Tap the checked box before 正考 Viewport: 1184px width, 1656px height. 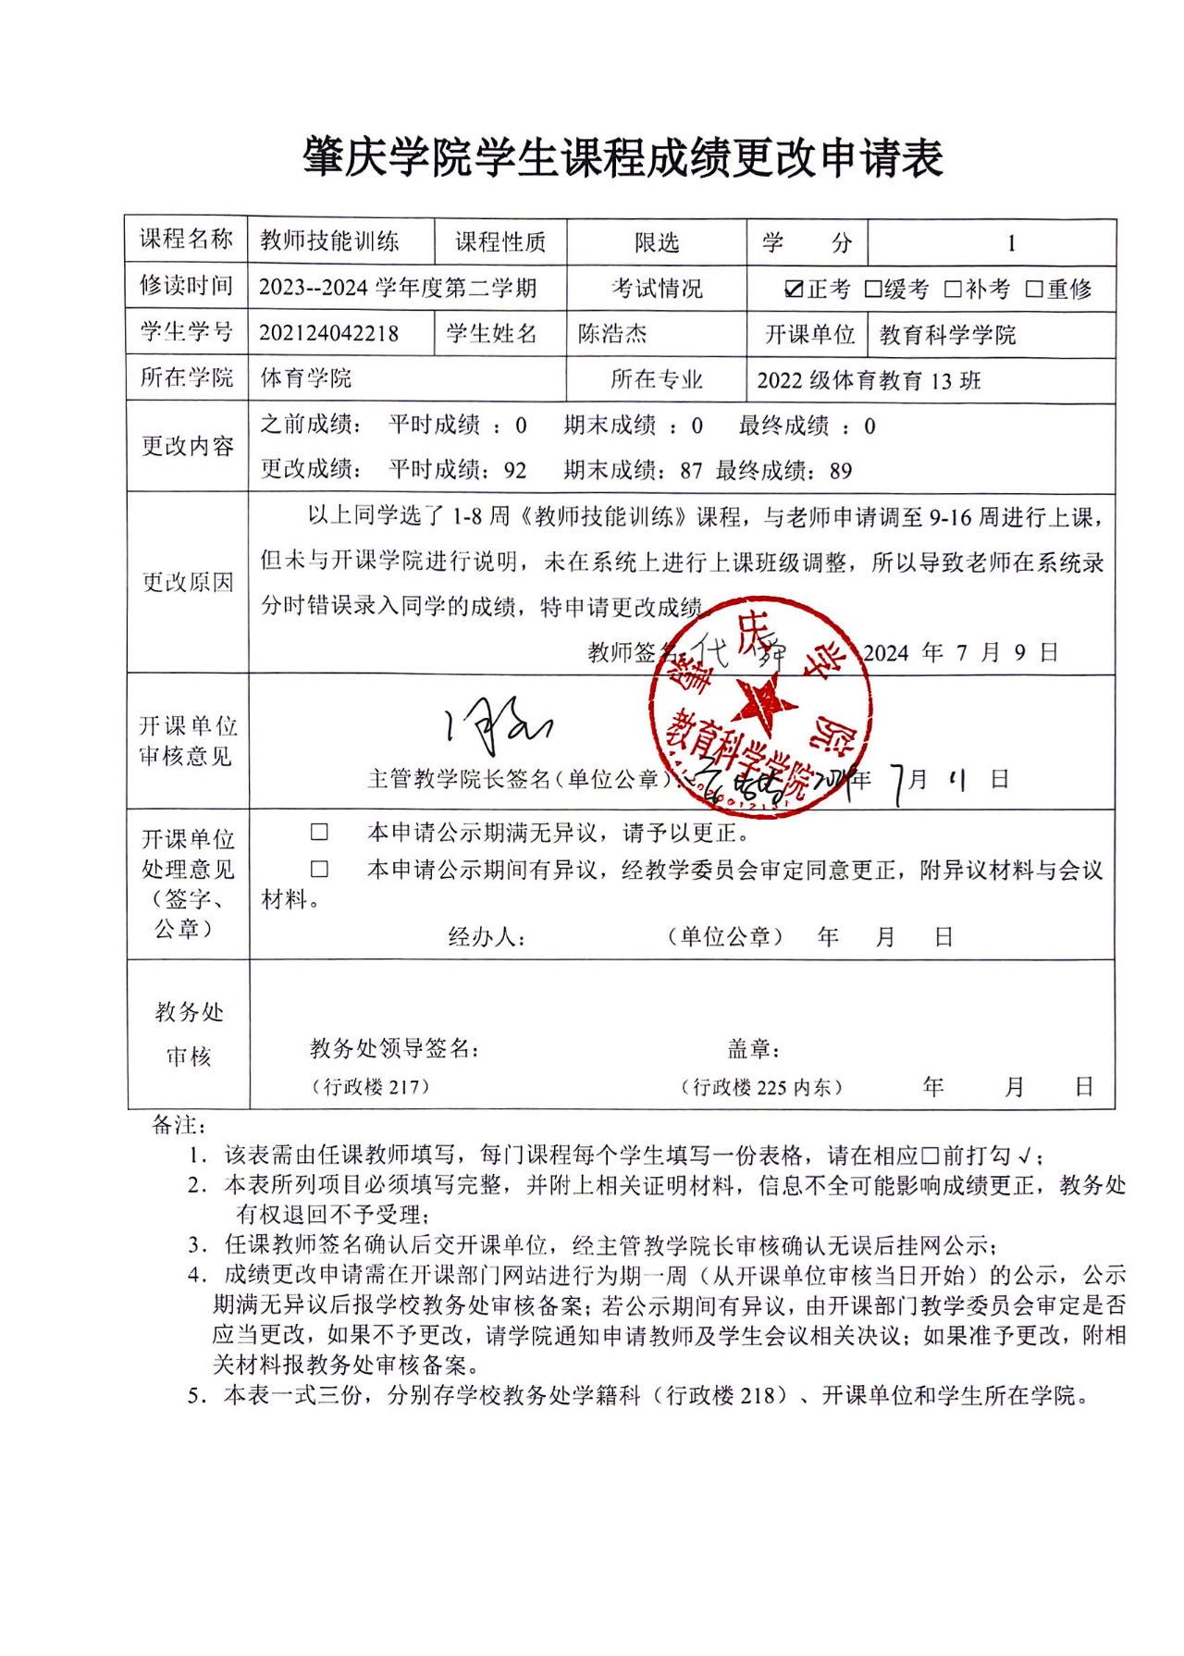793,290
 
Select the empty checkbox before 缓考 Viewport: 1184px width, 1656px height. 872,290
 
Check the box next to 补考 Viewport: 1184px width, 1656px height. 953,290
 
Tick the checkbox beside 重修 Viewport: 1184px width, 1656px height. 1034,290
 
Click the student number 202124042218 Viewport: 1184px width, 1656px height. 328,334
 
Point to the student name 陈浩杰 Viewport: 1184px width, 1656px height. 612,334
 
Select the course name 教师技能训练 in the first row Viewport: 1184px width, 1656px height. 329,242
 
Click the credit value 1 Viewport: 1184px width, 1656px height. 1011,244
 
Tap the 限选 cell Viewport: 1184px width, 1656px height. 657,243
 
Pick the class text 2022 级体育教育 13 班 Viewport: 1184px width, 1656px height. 869,380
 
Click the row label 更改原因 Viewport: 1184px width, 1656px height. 188,583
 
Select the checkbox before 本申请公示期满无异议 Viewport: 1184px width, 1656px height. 319,833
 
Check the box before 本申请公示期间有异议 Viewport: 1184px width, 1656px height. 319,870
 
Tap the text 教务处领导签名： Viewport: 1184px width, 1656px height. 395,1048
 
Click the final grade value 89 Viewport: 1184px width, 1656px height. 840,471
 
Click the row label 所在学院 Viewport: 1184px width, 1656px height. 187,378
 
